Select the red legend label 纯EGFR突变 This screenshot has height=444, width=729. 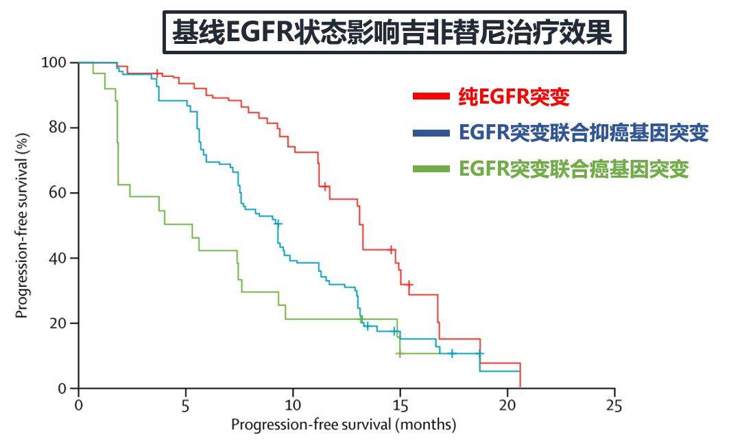pyautogui.click(x=514, y=97)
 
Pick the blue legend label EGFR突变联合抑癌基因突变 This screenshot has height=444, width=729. pyautogui.click(x=584, y=133)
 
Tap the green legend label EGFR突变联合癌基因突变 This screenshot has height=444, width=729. pyautogui.click(x=573, y=169)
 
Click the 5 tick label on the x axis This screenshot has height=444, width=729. pyautogui.click(x=186, y=404)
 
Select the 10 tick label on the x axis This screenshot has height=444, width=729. pyautogui.click(x=293, y=404)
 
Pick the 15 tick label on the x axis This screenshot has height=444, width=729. pyautogui.click(x=400, y=404)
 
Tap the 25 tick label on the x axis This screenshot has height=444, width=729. pyautogui.click(x=614, y=404)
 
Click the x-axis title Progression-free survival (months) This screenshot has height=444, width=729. pyautogui.click(x=343, y=425)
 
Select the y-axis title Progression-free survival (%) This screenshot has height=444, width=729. pyautogui.click(x=23, y=226)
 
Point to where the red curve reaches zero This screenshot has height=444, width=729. pyautogui.click(x=521, y=387)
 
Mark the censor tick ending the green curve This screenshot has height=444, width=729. pyautogui.click(x=399, y=354)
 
